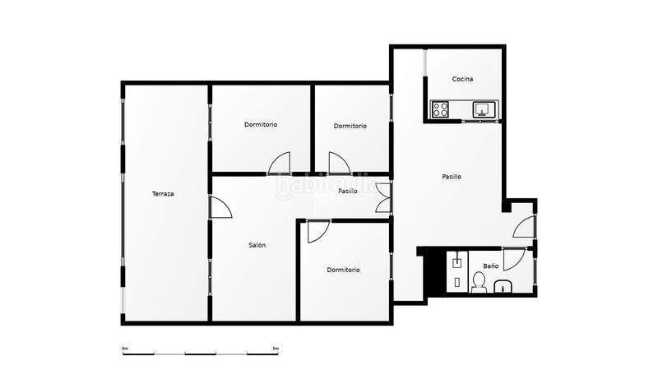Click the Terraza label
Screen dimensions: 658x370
tap(163, 194)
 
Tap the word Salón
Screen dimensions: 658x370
tap(257, 245)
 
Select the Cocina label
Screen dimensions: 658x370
tap(462, 79)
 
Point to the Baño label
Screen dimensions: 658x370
tap(490, 266)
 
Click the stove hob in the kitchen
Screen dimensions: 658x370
tap(440, 109)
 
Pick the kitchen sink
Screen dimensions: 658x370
tap(484, 109)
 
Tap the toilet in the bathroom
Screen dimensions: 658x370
tap(479, 282)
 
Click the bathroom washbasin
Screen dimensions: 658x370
tap(503, 287)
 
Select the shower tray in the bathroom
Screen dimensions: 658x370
tap(457, 271)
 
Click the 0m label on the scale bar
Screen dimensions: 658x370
tap(125, 348)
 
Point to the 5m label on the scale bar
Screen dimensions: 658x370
tap(276, 348)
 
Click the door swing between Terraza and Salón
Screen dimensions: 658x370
tap(220, 207)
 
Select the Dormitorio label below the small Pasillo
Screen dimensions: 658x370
tap(343, 270)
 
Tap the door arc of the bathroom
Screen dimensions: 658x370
tap(515, 260)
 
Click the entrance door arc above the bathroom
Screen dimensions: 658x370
tap(524, 228)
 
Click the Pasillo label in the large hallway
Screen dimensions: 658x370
tap(452, 177)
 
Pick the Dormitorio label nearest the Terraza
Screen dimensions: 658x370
tap(261, 125)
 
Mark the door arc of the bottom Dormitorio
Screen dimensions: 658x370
tap(319, 232)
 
